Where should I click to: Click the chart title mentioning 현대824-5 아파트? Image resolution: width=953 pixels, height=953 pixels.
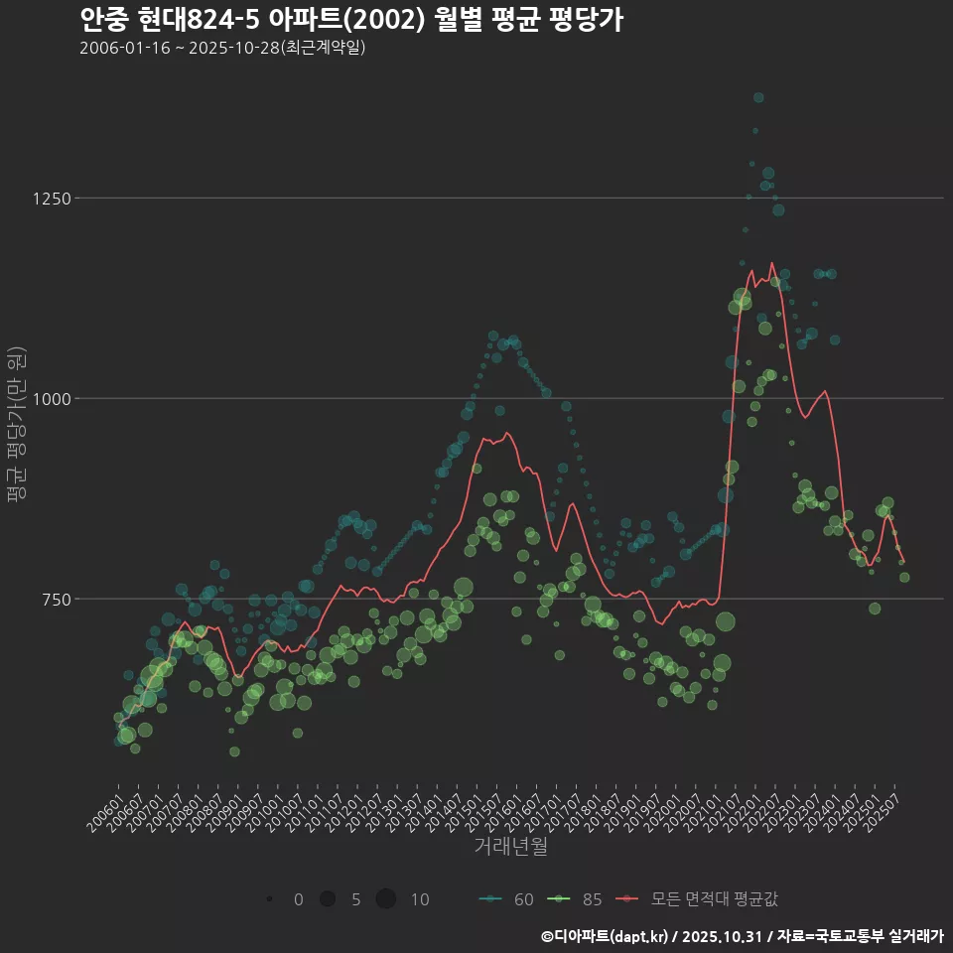pyautogui.click(x=350, y=20)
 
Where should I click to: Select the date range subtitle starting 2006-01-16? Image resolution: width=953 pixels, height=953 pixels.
pyautogui.click(x=223, y=48)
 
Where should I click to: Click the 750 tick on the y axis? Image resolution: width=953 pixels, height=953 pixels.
pyautogui.click(x=56, y=600)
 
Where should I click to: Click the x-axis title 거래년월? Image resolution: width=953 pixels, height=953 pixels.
pyautogui.click(x=510, y=846)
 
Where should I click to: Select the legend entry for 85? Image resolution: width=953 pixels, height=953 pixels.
pyautogui.click(x=576, y=899)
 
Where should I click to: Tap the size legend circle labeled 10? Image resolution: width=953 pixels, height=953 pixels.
pyautogui.click(x=386, y=899)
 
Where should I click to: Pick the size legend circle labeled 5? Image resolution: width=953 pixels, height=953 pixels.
pyautogui.click(x=327, y=899)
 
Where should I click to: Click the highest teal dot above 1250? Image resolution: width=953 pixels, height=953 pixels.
pyautogui.click(x=758, y=97)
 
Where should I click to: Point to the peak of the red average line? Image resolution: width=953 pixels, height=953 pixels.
pyautogui.click(x=771, y=263)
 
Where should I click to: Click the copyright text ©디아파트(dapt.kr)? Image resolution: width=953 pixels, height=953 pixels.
pyautogui.click(x=606, y=936)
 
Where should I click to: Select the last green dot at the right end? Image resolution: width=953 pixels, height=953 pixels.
pyautogui.click(x=904, y=577)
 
